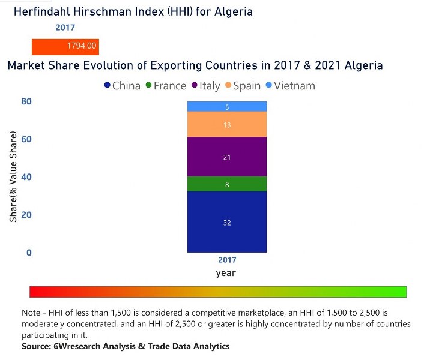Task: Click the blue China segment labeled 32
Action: click(227, 222)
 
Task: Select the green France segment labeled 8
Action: click(227, 184)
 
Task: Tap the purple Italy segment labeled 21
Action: click(227, 157)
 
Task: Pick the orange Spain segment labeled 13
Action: click(227, 125)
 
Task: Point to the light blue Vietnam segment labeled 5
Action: click(227, 107)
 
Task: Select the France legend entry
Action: click(165, 86)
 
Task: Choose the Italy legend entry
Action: click(205, 86)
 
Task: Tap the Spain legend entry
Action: click(242, 86)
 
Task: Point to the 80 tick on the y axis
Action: click(26, 102)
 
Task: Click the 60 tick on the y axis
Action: click(26, 140)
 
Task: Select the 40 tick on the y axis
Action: click(26, 178)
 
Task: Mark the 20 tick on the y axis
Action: click(26, 215)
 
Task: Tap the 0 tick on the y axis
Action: click(28, 253)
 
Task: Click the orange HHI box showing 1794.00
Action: click(65, 46)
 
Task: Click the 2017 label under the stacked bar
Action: click(227, 260)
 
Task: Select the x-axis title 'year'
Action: click(226, 273)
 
